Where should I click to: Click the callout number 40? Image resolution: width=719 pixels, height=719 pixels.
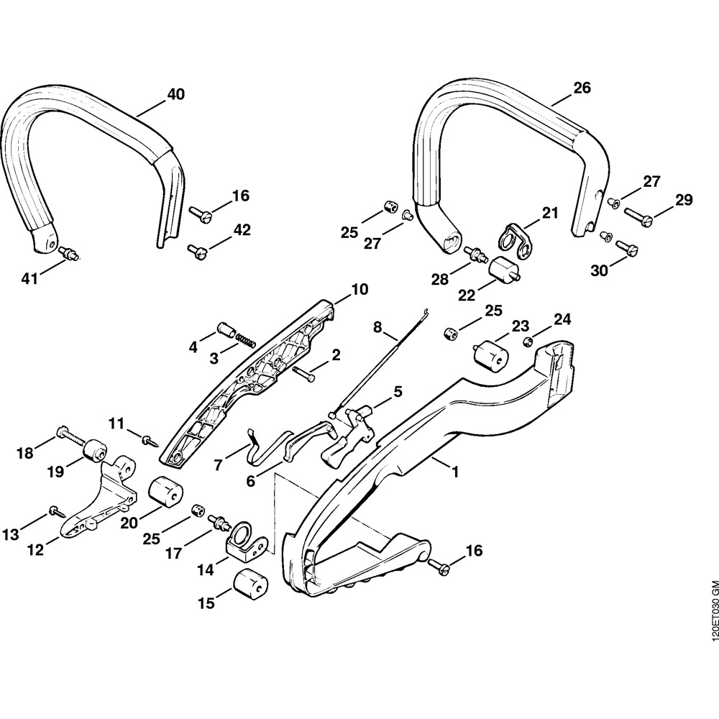point(175,94)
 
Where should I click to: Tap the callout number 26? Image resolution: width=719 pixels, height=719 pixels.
point(582,88)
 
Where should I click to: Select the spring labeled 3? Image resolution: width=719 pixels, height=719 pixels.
point(245,341)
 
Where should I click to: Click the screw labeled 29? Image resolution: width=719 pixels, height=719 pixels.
point(638,213)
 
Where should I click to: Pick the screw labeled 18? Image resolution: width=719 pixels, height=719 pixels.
point(68,437)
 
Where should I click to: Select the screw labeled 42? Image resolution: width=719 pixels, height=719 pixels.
point(198,250)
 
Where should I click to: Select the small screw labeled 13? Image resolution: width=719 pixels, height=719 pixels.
point(55,510)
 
